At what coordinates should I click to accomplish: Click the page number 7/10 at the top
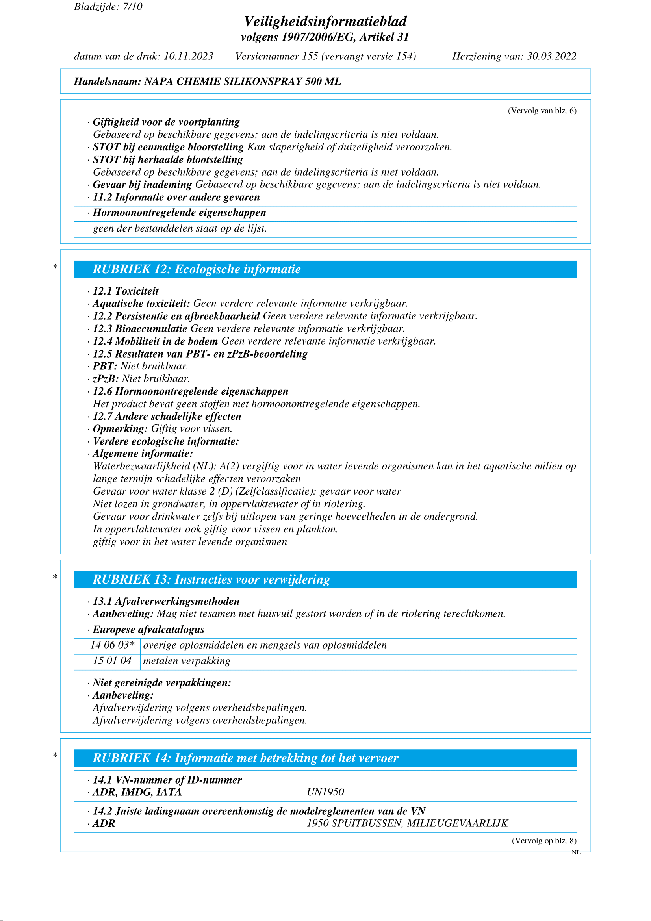(132, 7)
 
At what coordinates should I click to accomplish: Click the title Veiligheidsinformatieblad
(325, 21)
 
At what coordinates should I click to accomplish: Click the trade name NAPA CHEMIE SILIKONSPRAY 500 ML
(243, 82)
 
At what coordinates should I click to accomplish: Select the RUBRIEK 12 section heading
(197, 269)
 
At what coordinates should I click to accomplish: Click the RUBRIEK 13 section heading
(211, 580)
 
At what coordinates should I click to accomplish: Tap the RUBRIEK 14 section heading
(245, 758)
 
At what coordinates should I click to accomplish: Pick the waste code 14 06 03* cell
(112, 645)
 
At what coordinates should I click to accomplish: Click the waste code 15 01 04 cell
(112, 661)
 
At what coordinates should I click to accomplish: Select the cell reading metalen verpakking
(187, 661)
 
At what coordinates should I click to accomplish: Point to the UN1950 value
(325, 792)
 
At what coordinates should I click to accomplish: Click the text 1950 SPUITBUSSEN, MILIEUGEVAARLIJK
(407, 823)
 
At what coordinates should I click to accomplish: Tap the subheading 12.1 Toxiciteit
(126, 291)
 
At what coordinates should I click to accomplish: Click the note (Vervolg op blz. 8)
(544, 841)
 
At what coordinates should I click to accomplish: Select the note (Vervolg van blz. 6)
(542, 111)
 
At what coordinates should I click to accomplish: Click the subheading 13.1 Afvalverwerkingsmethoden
(166, 601)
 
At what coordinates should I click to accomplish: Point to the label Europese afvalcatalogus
(148, 630)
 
